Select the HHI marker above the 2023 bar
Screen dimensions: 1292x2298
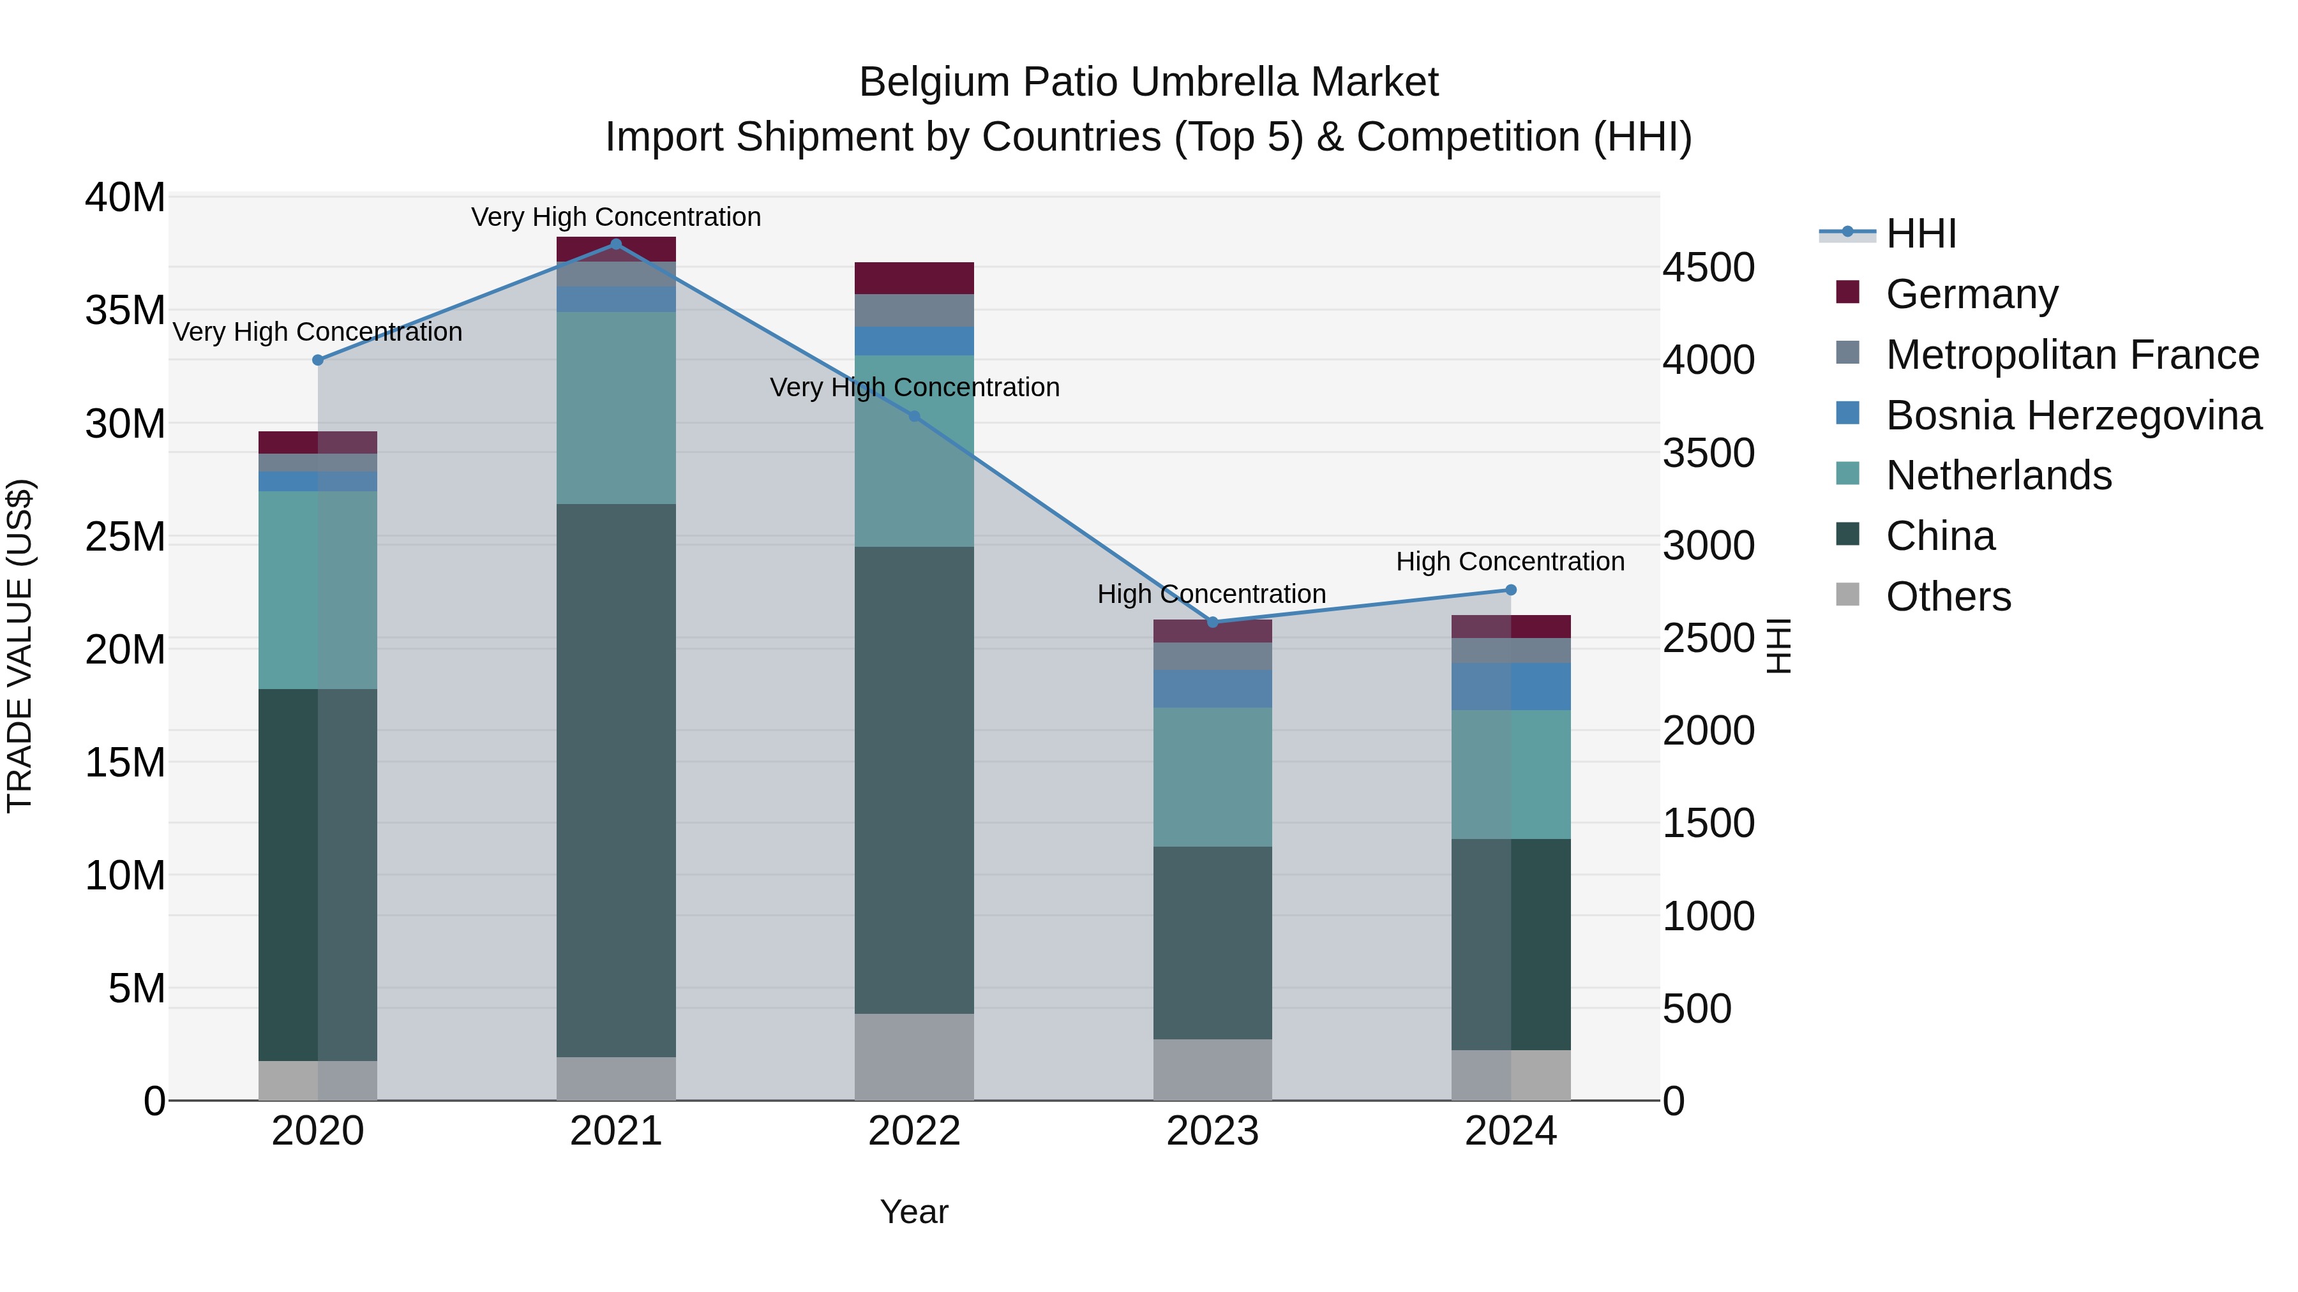[1212, 622]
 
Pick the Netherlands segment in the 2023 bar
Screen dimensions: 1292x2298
[1212, 776]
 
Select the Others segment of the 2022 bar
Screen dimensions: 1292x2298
[913, 1057]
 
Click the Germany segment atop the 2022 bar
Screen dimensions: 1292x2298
[913, 278]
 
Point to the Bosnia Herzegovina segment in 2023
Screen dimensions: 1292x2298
[1212, 688]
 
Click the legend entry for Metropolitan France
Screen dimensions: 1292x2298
[2071, 355]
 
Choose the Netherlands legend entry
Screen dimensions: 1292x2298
[1998, 475]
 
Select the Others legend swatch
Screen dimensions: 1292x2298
[1847, 595]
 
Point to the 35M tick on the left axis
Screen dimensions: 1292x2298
[125, 310]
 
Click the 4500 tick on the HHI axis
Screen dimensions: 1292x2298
[1708, 267]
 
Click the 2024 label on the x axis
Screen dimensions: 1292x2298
[1510, 1131]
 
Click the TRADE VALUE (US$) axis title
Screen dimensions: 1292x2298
[20, 646]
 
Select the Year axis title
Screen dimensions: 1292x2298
[913, 1212]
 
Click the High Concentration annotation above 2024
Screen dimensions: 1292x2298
[1510, 561]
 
